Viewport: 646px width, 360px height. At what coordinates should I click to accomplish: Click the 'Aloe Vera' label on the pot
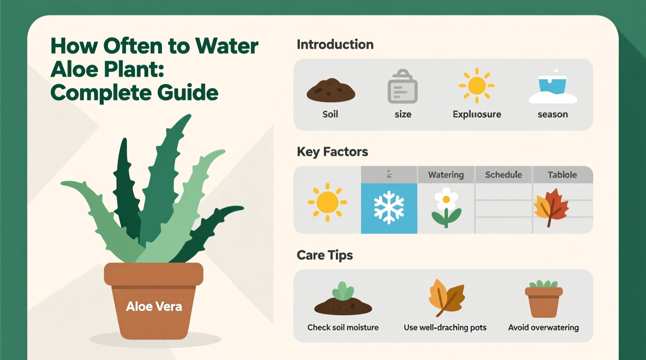tap(154, 306)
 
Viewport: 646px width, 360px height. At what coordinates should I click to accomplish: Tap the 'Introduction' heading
tap(335, 45)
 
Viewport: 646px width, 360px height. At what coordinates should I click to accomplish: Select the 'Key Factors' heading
tap(332, 152)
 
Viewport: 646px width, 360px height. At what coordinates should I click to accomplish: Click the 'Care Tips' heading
tap(325, 255)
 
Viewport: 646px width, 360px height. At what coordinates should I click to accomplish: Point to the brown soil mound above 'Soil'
tap(331, 90)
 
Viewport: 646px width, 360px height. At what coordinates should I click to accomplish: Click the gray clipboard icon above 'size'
tap(403, 87)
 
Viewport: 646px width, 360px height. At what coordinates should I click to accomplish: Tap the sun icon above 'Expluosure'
tap(477, 85)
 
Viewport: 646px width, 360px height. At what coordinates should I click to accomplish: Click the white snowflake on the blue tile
tap(389, 208)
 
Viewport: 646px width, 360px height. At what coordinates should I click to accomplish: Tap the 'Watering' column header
tap(446, 175)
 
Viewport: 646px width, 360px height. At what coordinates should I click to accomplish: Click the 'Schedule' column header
tap(504, 175)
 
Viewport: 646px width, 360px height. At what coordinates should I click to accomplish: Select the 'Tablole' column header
tap(562, 175)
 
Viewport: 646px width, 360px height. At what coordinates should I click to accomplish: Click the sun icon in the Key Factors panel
tap(327, 202)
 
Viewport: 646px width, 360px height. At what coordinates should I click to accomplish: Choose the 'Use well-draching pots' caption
tap(445, 327)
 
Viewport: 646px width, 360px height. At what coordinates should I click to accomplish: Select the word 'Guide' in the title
tap(188, 93)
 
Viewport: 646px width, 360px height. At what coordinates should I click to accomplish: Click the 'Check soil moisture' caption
tap(343, 327)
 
